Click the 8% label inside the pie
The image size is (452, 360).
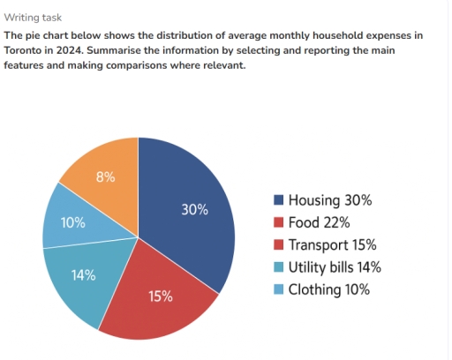click(105, 176)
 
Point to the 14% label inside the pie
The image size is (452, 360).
click(83, 274)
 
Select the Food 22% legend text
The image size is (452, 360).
click(319, 222)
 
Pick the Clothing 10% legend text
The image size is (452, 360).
click(328, 289)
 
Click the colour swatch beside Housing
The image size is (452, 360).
click(278, 200)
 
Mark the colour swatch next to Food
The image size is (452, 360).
click(278, 222)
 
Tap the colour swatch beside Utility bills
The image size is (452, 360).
click(278, 266)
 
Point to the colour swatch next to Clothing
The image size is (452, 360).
click(278, 289)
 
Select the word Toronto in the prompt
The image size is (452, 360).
click(27, 50)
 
